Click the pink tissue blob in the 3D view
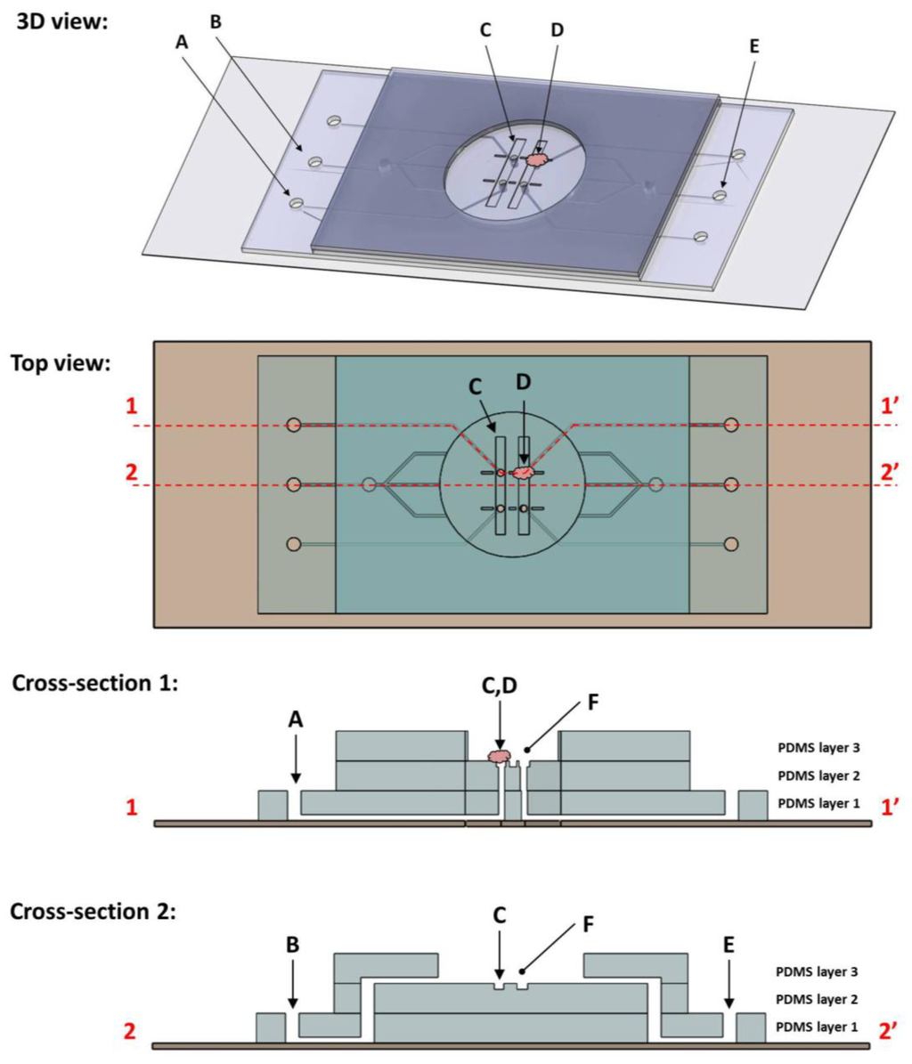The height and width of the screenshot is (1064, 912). pos(536,159)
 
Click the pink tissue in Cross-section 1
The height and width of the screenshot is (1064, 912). pos(501,756)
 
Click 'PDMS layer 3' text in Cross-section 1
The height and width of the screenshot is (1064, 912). pos(818,749)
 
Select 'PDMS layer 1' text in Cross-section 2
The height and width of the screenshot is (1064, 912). pos(818,1027)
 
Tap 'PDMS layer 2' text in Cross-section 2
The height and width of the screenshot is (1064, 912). pos(818,1000)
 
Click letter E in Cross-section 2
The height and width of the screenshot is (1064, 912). pos(729,941)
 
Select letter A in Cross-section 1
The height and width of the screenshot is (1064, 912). pos(296,720)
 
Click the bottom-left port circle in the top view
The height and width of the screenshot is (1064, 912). pos(294,543)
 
